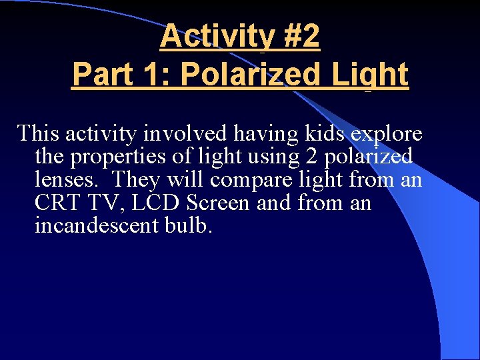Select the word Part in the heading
(x=99, y=74)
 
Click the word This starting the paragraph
(x=39, y=133)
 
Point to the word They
(x=136, y=180)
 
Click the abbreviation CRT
(x=56, y=203)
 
